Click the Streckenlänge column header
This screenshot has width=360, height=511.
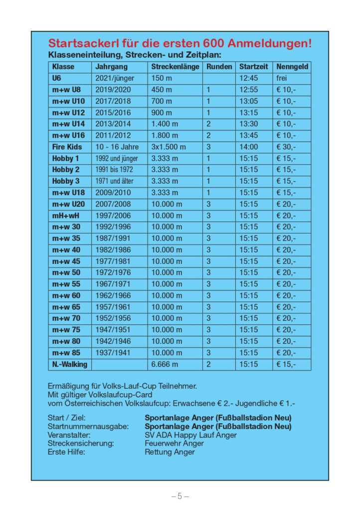coord(175,66)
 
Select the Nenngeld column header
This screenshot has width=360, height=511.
coord(292,66)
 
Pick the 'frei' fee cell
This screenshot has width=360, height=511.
coord(282,78)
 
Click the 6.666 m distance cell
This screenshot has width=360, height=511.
coord(165,364)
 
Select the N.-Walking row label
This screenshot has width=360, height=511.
coord(69,364)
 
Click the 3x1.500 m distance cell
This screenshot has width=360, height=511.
coord(169,147)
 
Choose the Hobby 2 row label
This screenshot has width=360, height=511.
coord(66,170)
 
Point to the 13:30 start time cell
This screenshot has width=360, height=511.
coord(248,124)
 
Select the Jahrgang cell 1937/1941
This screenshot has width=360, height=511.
coord(113,353)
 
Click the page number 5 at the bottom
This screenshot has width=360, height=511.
coord(180,496)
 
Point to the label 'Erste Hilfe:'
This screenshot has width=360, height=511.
coord(66,452)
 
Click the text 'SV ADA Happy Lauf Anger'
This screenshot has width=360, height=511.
coord(190,435)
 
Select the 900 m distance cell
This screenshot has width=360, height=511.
coord(162,113)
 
